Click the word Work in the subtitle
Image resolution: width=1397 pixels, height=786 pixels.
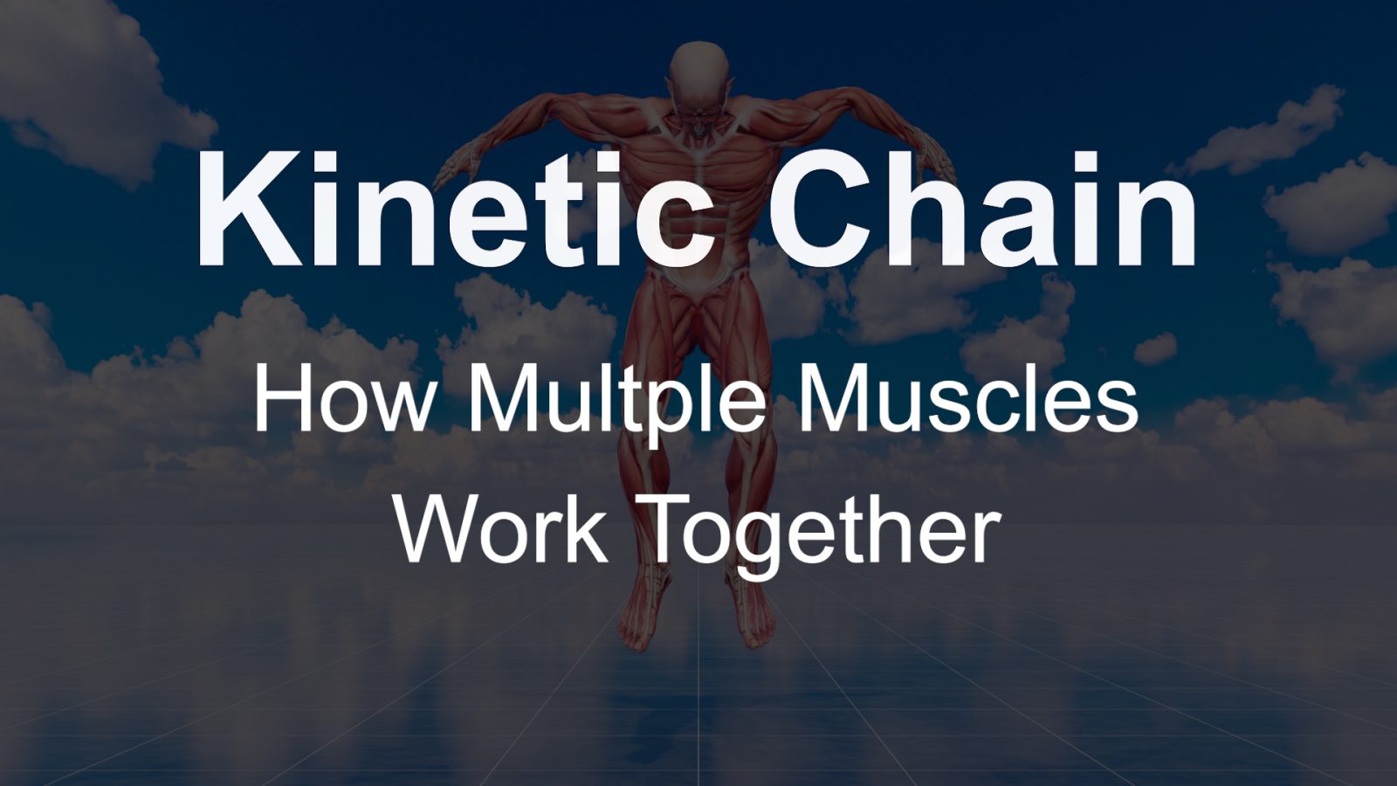click(x=503, y=528)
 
